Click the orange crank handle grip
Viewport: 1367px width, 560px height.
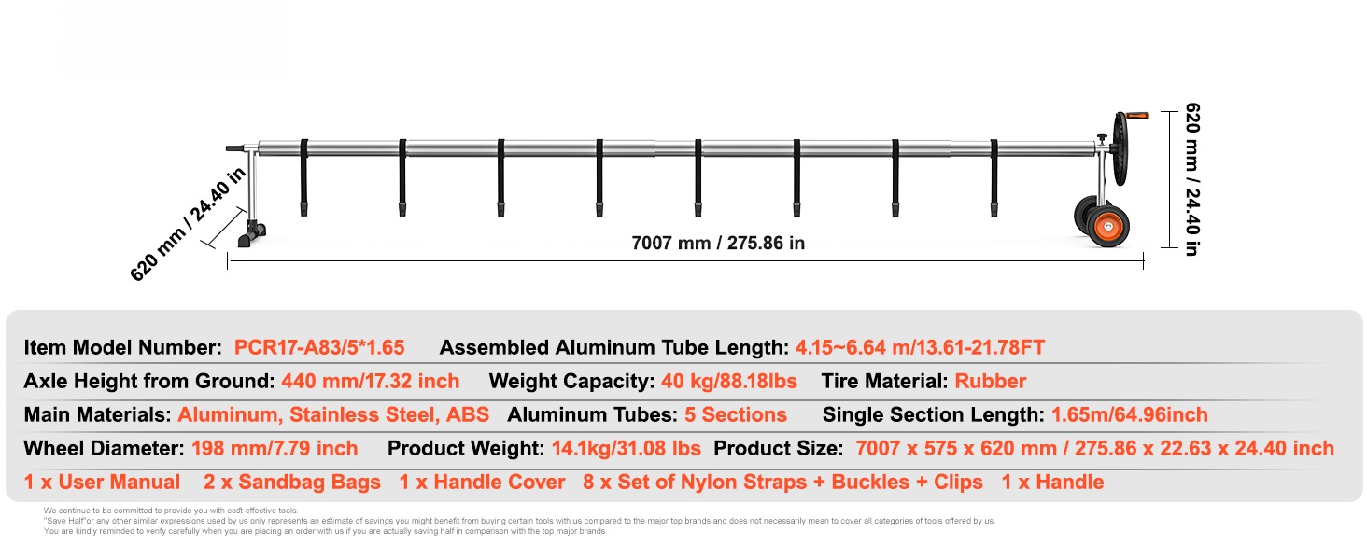[x=1137, y=116]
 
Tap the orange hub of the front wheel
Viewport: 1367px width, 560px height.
[x=1108, y=227]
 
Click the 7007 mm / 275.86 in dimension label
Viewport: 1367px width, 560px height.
[x=718, y=244]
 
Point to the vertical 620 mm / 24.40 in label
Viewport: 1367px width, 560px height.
[x=1192, y=179]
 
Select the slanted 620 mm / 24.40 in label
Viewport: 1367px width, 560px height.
[x=188, y=224]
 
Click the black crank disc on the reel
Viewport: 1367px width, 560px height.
[x=1120, y=148]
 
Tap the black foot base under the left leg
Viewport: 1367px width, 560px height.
[x=251, y=234]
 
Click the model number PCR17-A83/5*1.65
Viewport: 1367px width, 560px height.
[x=319, y=348]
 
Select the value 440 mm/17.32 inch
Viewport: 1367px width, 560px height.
[x=370, y=381]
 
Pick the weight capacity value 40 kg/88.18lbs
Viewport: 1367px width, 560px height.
[x=729, y=381]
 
